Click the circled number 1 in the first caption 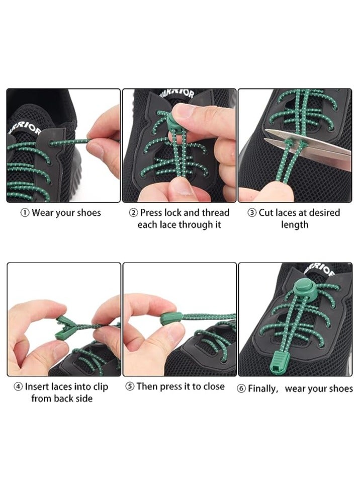point(25,213)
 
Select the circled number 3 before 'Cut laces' point(252,213)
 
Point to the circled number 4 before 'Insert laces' point(18,387)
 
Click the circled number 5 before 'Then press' point(129,387)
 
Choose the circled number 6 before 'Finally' point(241,389)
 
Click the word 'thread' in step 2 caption point(215,213)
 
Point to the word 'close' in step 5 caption point(213,387)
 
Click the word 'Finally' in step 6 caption point(263,389)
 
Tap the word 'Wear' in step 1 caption point(43,213)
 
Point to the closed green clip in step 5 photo point(169,318)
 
